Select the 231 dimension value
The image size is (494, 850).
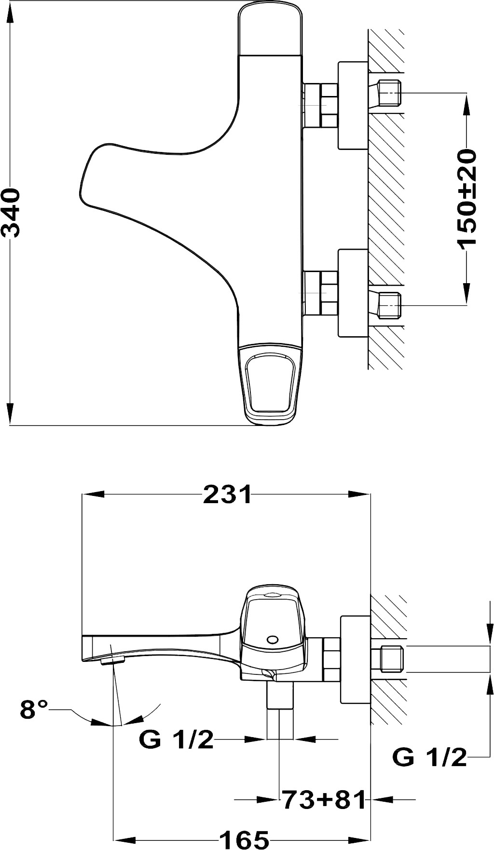point(228,494)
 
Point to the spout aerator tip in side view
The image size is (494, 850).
point(110,661)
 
